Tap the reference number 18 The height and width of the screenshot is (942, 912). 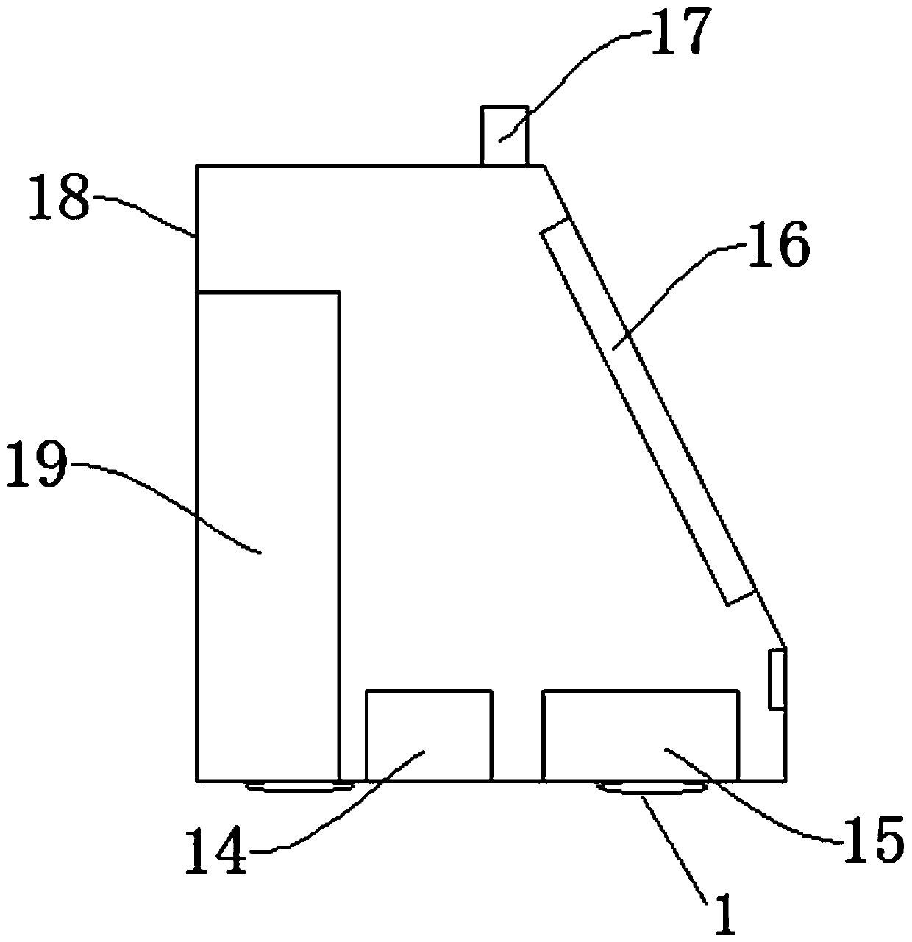point(58,196)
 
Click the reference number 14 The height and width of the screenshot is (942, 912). point(215,851)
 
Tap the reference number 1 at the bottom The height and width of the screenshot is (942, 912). point(724,915)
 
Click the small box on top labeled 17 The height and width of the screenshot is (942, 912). point(504,135)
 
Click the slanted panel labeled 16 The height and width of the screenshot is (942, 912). point(647,415)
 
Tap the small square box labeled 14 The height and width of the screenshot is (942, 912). point(429,735)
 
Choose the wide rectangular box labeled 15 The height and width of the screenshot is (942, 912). point(640,735)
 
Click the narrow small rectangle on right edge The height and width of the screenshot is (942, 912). point(777,679)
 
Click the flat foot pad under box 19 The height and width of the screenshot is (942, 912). point(298,788)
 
